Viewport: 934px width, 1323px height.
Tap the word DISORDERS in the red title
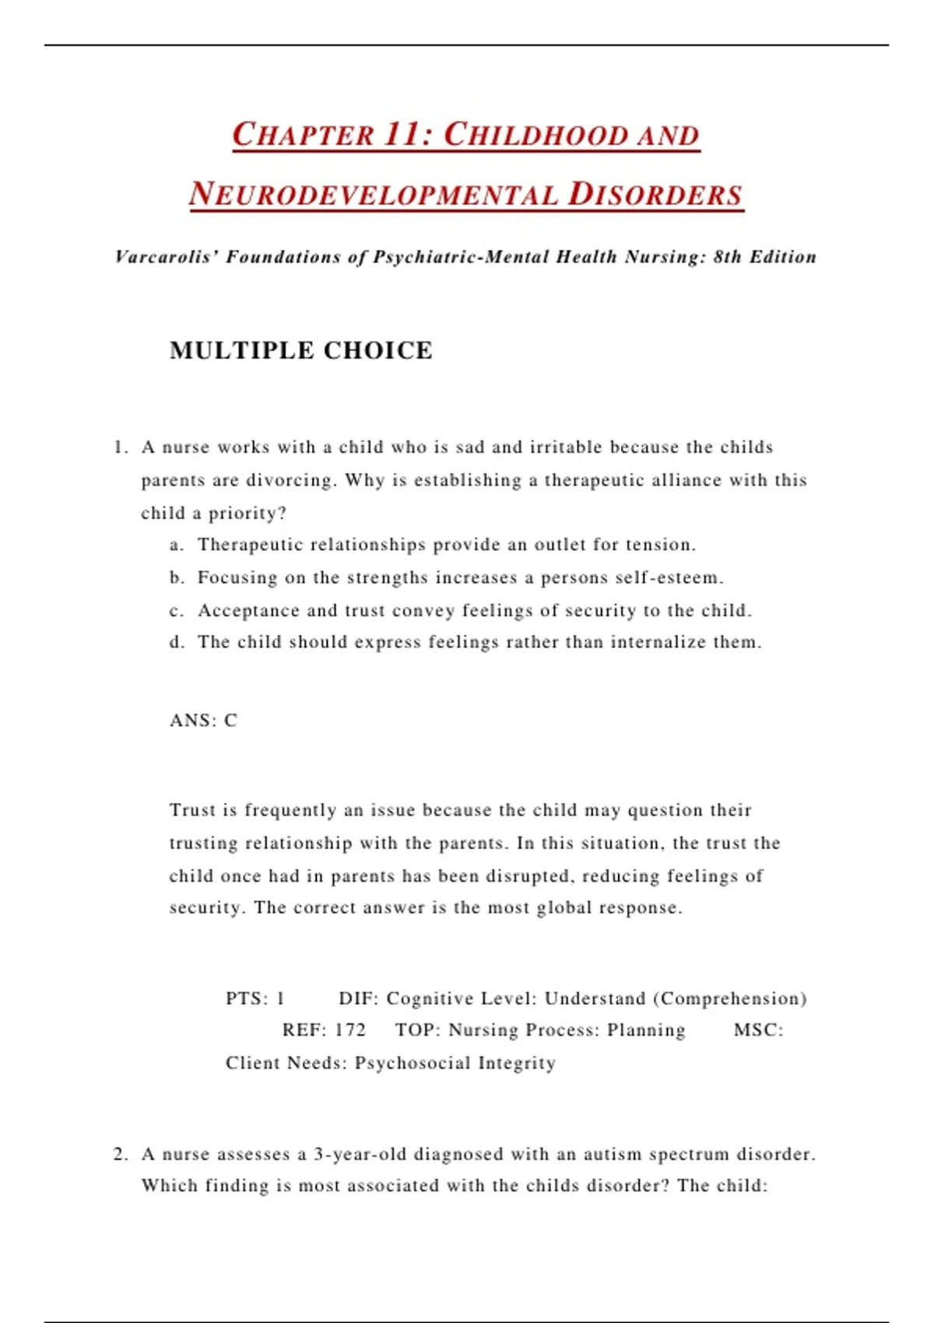pos(655,195)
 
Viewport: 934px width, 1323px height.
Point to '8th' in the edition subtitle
pos(728,257)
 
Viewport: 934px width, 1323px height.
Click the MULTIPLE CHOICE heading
pos(301,350)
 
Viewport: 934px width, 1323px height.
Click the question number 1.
pos(119,447)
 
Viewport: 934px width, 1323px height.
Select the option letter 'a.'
pos(177,545)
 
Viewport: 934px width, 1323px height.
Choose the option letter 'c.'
pos(177,611)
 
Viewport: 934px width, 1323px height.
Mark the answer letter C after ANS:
pos(230,721)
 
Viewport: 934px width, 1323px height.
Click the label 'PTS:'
pos(247,998)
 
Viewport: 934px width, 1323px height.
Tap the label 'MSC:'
pos(758,1030)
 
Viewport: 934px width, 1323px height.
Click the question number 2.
pos(120,1154)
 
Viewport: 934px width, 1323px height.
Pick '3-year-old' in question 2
pos(360,1154)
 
